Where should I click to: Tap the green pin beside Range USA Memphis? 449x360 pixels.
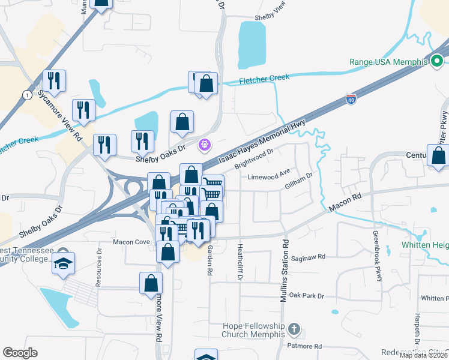[x=438, y=61]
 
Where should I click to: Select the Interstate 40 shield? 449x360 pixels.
[x=351, y=98]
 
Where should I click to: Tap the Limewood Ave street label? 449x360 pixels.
[x=269, y=176]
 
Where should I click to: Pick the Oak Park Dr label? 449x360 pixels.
[x=306, y=296]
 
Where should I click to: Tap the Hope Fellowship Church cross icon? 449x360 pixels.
[x=294, y=329]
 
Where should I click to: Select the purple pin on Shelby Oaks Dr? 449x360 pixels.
[x=205, y=145]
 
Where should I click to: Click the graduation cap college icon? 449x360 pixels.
[x=62, y=262]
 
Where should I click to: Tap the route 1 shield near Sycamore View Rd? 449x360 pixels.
[x=26, y=95]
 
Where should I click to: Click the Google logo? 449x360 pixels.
[x=20, y=353]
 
